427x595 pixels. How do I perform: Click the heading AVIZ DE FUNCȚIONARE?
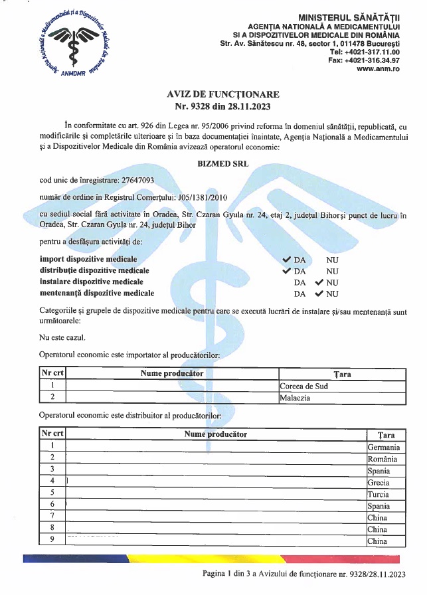coord(222,94)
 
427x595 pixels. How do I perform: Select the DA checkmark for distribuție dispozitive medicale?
coord(287,271)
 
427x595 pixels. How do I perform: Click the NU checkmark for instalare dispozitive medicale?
coord(319,282)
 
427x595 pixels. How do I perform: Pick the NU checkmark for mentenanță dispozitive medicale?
coord(319,293)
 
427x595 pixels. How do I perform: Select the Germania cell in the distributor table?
coord(383,447)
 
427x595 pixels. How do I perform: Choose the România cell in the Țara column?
coord(382,459)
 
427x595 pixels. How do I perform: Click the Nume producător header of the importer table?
coord(172,373)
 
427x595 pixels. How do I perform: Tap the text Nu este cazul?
coord(62,338)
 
